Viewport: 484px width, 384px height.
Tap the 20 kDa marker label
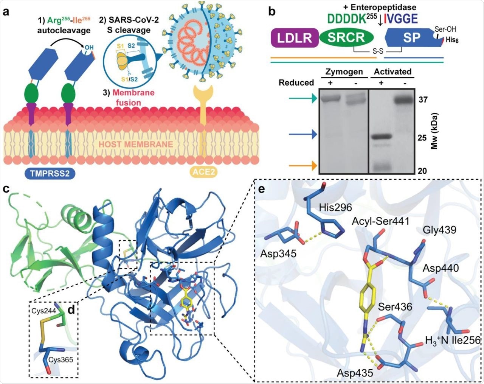pyautogui.click(x=422, y=171)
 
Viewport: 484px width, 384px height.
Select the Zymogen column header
pyautogui.click(x=344, y=72)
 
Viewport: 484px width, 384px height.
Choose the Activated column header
pyautogui.click(x=392, y=72)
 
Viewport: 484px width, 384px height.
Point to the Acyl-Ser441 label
pyautogui.click(x=381, y=221)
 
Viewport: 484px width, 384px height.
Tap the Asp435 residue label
pyautogui.click(x=355, y=373)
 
